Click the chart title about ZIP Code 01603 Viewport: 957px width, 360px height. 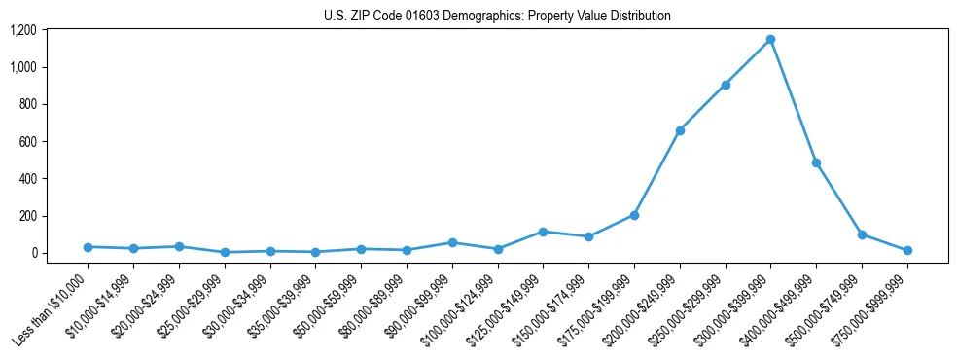pos(497,17)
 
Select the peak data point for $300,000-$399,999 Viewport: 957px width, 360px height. pos(770,40)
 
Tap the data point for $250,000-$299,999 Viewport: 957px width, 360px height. pos(725,85)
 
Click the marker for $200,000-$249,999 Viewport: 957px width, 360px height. pos(680,130)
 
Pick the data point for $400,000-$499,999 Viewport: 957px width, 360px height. pos(816,162)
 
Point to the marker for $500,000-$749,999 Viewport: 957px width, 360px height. pos(862,234)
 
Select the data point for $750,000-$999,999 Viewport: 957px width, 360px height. pos(907,250)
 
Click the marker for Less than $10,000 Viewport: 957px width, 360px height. pos(88,247)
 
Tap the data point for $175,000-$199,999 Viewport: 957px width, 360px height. pos(634,215)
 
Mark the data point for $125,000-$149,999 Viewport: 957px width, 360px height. pos(543,232)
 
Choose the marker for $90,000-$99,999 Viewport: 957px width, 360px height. pos(452,242)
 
